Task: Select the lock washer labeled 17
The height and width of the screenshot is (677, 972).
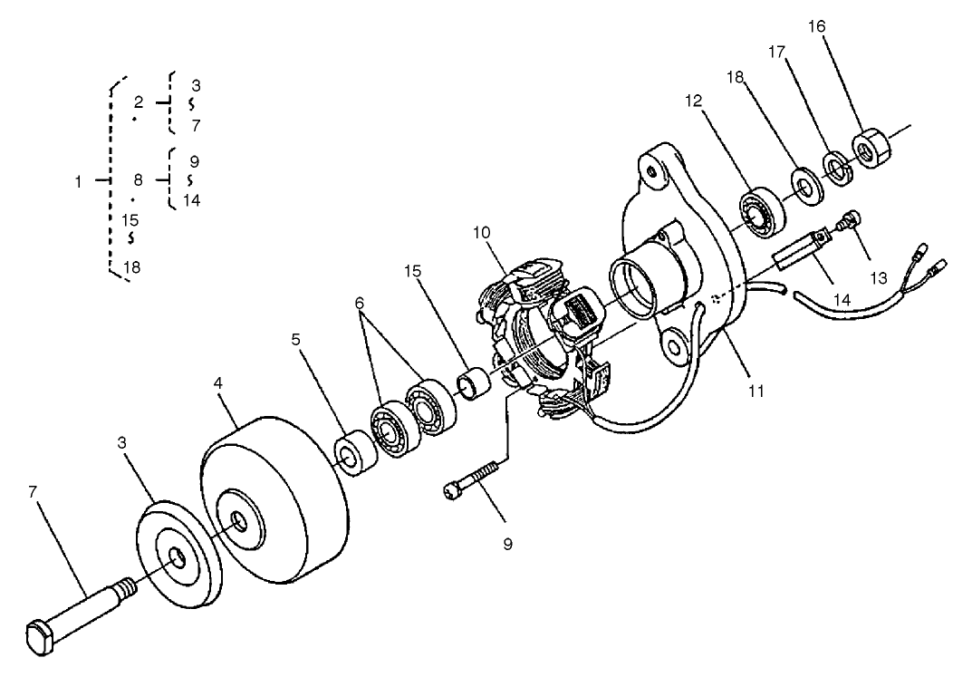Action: pos(836,167)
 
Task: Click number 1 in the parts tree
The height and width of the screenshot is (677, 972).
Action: pos(79,181)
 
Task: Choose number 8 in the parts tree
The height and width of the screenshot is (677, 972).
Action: pos(139,180)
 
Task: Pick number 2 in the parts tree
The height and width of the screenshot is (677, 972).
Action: pos(139,102)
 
